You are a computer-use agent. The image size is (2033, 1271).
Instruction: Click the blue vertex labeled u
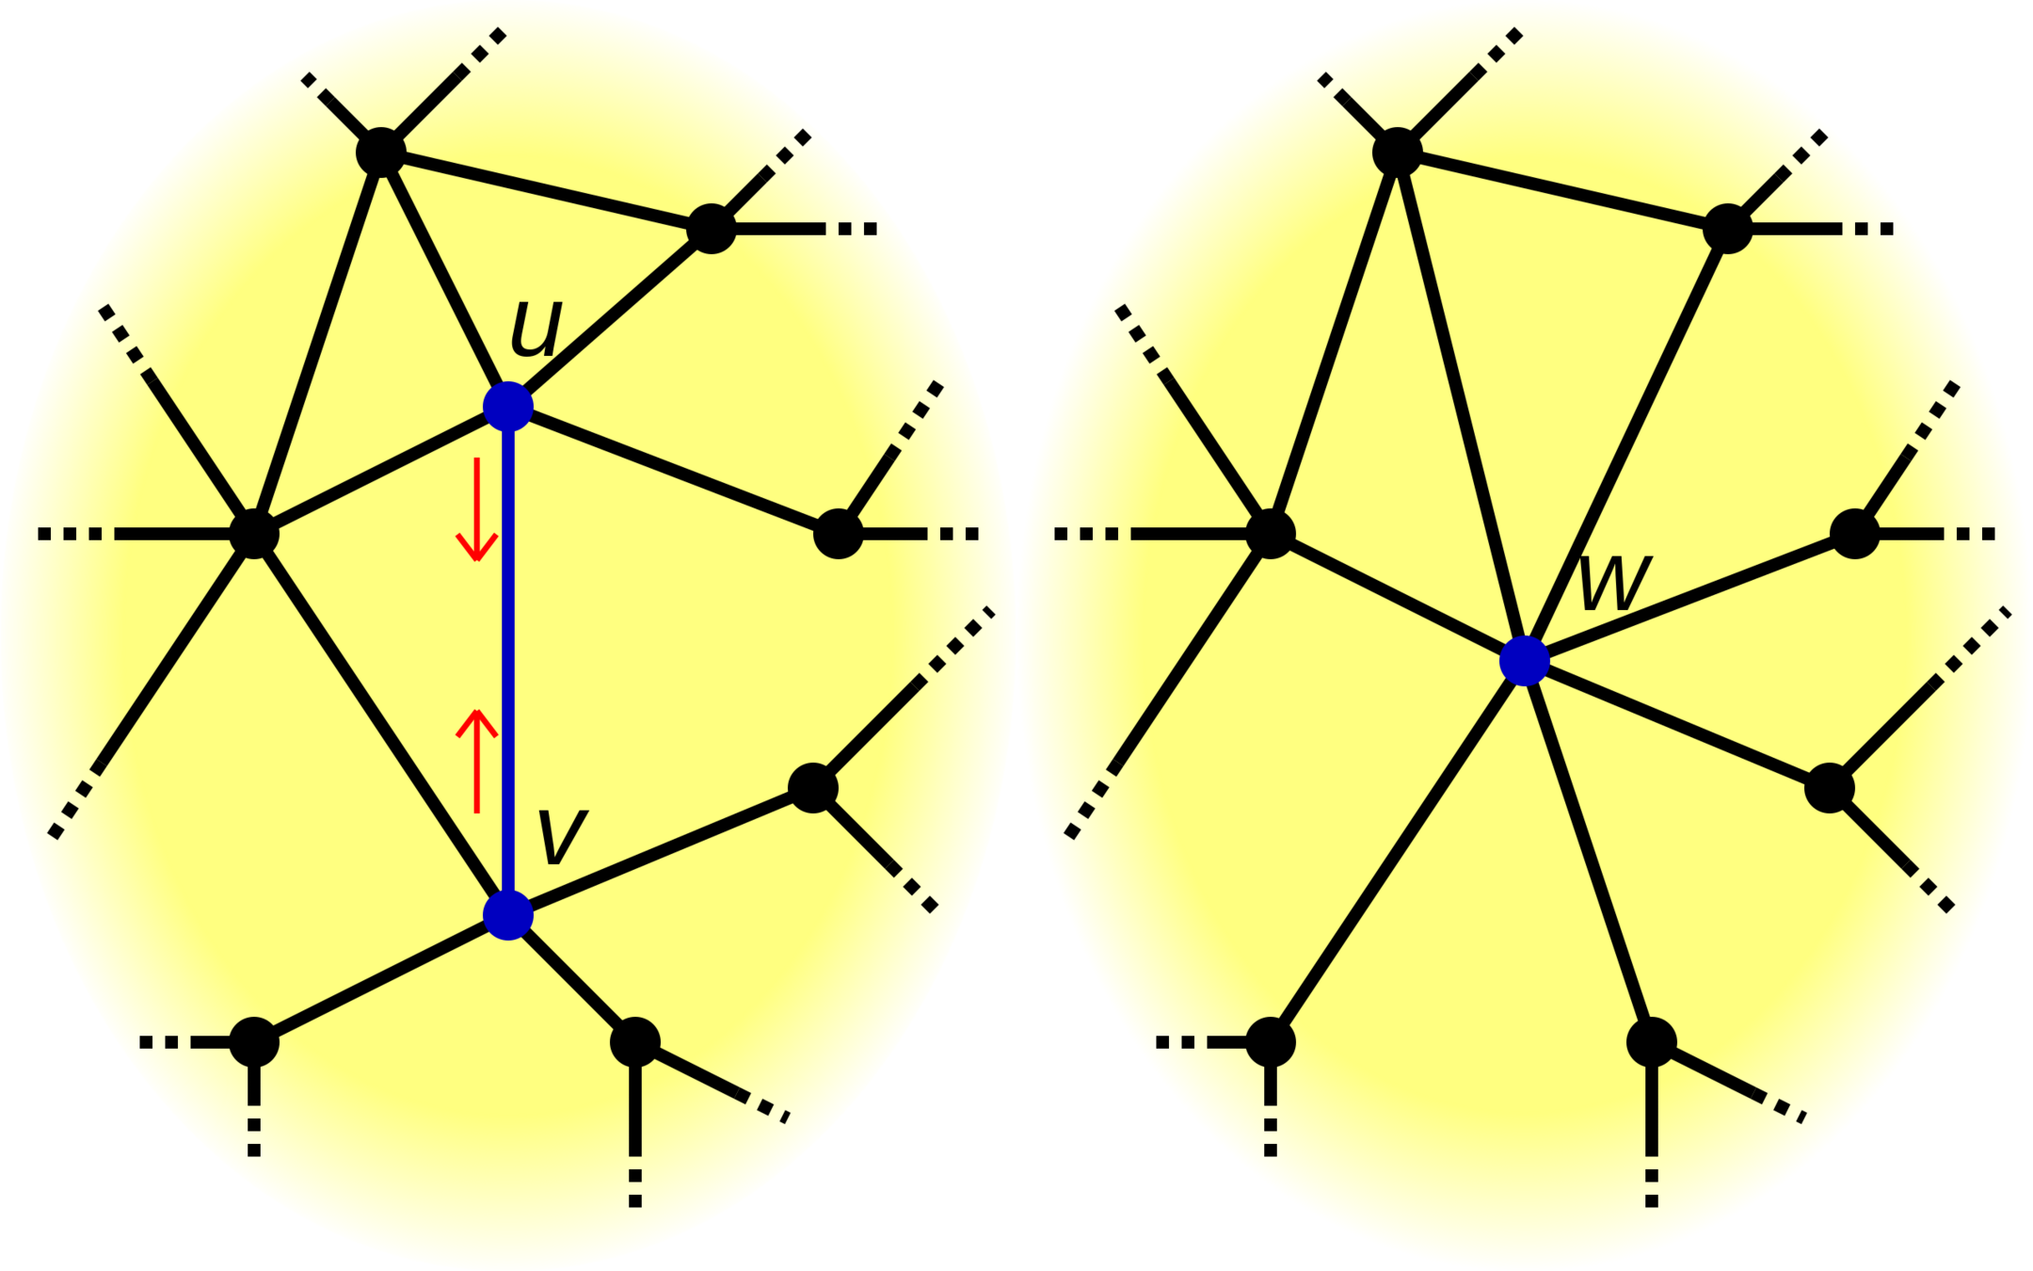coord(508,406)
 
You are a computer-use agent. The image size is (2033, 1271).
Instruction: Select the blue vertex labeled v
coord(508,914)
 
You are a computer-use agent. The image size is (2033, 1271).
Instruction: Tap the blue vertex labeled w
coord(1524,660)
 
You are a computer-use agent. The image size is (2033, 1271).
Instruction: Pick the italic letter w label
coord(1613,583)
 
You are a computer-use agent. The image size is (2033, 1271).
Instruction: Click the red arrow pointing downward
coord(477,509)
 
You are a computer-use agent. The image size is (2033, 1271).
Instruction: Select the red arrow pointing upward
coord(477,761)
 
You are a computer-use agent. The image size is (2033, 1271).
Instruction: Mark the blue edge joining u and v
coord(508,659)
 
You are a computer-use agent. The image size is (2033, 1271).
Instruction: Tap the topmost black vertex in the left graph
coord(381,152)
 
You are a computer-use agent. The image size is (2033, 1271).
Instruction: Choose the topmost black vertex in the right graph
coord(1398,152)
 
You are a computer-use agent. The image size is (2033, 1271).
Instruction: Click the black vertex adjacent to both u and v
coord(254,534)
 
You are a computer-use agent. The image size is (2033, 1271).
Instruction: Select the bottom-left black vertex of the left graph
coord(254,1042)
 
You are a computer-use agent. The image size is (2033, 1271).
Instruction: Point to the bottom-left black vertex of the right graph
coord(1271,1042)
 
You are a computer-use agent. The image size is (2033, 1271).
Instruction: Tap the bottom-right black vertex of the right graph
coord(1652,1042)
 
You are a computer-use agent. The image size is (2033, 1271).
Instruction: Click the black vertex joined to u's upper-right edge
coord(711,229)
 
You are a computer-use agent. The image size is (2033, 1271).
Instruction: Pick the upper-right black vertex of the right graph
coord(1728,229)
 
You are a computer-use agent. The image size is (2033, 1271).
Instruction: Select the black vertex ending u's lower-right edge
coord(838,534)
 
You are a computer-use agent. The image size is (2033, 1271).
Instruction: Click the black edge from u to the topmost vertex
coord(444,279)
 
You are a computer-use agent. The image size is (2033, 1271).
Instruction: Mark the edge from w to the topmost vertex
coord(1461,406)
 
